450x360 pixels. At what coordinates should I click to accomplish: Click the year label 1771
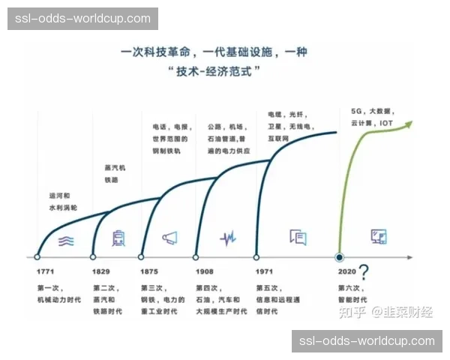(45, 271)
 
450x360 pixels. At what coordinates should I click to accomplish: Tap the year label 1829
(101, 271)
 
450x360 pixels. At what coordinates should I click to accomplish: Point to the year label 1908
(205, 271)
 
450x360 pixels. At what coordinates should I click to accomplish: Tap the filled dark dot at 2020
(339, 256)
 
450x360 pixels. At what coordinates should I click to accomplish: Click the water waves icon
(67, 239)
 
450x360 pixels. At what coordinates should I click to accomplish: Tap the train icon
(118, 238)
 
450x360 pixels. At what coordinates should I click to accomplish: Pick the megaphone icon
(170, 238)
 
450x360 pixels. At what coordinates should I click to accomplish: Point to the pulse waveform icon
(228, 238)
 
